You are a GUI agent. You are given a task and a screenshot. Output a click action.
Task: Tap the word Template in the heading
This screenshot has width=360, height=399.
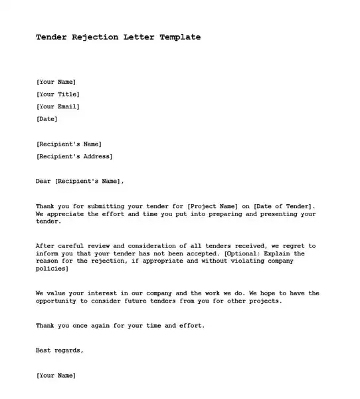click(x=180, y=37)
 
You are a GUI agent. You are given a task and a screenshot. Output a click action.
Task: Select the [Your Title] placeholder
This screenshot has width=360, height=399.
click(x=58, y=94)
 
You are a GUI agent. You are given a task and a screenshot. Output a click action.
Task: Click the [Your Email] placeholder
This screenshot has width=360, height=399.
click(x=58, y=106)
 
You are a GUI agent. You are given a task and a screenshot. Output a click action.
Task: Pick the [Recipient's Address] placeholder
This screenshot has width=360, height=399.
click(x=74, y=156)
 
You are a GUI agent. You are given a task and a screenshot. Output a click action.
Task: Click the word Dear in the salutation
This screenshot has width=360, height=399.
click(x=43, y=181)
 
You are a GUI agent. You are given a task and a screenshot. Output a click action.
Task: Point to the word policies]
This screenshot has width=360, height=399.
click(x=52, y=269)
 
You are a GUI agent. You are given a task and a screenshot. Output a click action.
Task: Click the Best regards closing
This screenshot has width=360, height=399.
click(x=60, y=350)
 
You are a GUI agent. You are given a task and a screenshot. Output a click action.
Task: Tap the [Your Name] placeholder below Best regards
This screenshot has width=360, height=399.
click(x=56, y=375)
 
